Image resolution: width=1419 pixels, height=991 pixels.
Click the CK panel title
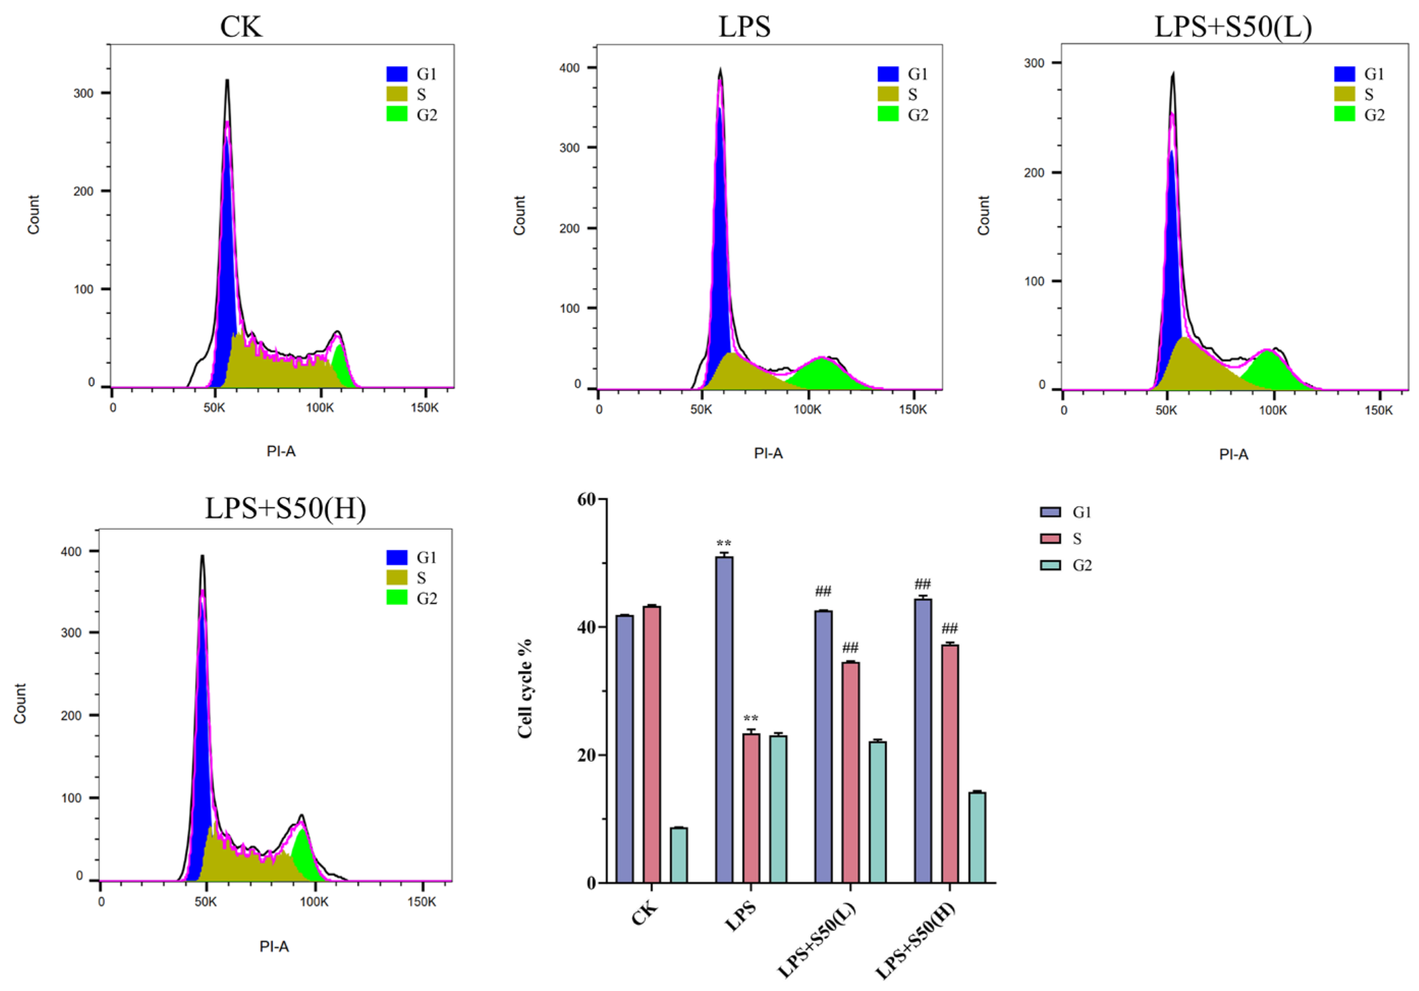(241, 27)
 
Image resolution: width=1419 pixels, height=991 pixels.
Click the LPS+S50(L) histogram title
(1233, 27)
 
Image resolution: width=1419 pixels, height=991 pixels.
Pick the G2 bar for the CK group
(678, 855)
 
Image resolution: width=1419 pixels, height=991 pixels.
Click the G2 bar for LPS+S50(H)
(977, 837)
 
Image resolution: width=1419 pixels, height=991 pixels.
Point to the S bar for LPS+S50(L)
(851, 773)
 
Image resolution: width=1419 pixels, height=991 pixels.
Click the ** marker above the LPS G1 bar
(724, 544)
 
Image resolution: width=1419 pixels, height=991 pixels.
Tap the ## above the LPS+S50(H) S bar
(949, 629)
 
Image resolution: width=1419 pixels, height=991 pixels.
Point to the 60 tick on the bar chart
(587, 499)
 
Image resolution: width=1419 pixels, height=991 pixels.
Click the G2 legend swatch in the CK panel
(397, 114)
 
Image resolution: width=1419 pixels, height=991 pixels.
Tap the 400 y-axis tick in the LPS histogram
(569, 68)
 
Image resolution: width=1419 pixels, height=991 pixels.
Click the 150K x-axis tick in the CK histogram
(425, 408)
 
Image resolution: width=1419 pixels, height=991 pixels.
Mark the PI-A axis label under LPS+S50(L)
(1234, 455)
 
